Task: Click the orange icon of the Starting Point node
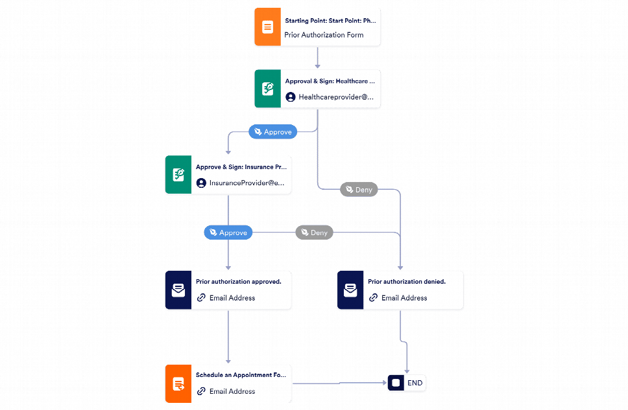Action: pyautogui.click(x=267, y=27)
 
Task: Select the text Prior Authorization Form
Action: pyautogui.click(x=324, y=35)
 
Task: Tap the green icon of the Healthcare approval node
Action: pyautogui.click(x=267, y=89)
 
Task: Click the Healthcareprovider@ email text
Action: pyautogui.click(x=336, y=97)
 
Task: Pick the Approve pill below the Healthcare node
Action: pyautogui.click(x=272, y=131)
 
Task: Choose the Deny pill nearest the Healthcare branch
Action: pyautogui.click(x=359, y=190)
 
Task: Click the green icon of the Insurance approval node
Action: pyautogui.click(x=178, y=174)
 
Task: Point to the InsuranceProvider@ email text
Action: pyautogui.click(x=247, y=183)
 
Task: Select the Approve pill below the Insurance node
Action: pyautogui.click(x=228, y=233)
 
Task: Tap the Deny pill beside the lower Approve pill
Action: pyautogui.click(x=314, y=233)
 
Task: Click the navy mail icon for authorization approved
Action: pyautogui.click(x=178, y=290)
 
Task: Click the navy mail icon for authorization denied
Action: pyautogui.click(x=350, y=290)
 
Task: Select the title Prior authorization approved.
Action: pyautogui.click(x=239, y=282)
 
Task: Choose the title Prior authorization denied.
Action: pyautogui.click(x=407, y=282)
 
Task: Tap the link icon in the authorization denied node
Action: pyautogui.click(x=373, y=297)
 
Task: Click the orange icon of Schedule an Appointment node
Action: pyautogui.click(x=178, y=383)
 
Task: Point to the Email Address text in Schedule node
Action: pyautogui.click(x=232, y=391)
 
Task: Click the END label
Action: pyautogui.click(x=415, y=383)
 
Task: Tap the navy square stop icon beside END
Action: pyautogui.click(x=396, y=383)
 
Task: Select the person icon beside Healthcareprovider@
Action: pyautogui.click(x=291, y=97)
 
